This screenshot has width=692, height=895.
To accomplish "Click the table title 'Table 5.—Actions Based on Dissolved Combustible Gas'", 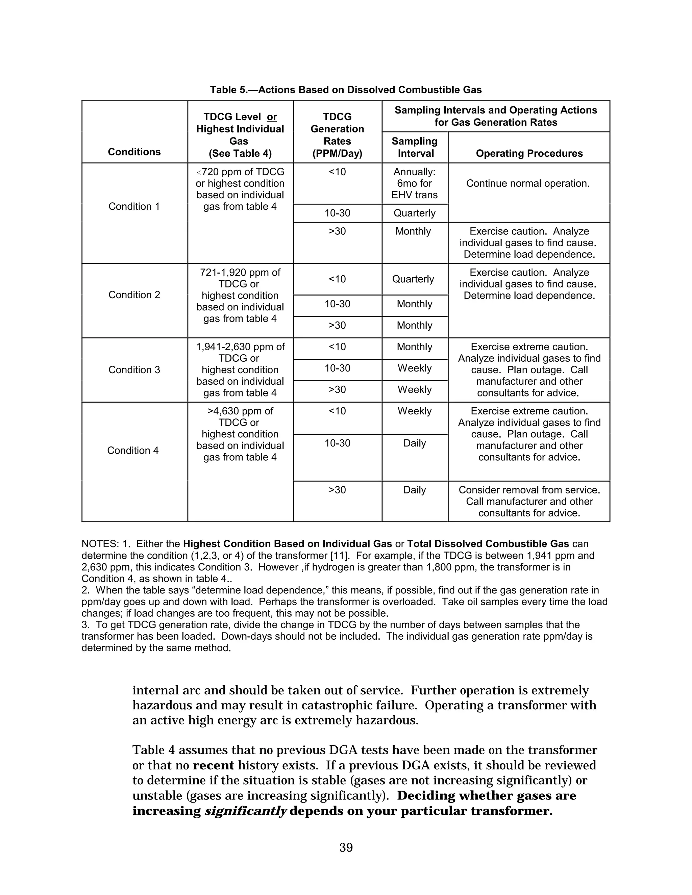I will pos(346,90).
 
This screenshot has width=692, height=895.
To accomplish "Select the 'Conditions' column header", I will pos(134,152).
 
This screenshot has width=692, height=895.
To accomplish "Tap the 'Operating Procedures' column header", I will pos(529,153).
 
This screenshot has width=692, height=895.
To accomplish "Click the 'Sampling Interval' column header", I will pos(415,147).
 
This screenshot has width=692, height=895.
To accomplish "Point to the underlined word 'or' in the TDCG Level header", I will pos(272,117).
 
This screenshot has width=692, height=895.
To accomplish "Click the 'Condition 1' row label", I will pos(134,207).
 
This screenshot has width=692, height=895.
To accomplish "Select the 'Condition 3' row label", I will pos(134,369).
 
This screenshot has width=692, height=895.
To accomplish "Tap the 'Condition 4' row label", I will pos(133,450).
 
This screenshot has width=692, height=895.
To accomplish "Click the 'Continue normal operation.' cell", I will pos(528,184).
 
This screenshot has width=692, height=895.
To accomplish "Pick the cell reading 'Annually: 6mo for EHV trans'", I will pos(415,184).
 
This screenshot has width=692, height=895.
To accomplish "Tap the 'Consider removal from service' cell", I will pos(529,501).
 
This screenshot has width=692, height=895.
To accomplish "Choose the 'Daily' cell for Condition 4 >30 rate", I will pos(415,490).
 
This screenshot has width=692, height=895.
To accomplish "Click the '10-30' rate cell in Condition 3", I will pos(338,368).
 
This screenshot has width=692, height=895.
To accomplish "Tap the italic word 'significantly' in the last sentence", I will pos(245,811).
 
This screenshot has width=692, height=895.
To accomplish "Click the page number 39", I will pos(346,847).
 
